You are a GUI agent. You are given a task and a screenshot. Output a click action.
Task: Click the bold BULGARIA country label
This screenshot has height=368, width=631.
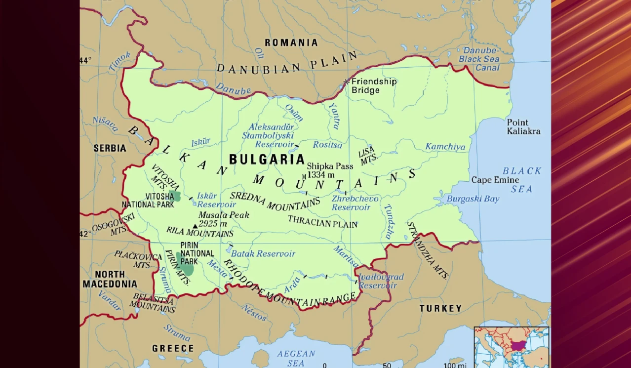[x=267, y=160]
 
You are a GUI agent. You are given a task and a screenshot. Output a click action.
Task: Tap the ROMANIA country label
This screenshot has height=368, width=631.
[x=291, y=43]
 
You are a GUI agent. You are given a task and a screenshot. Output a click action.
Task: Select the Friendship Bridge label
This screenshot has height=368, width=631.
[x=374, y=86]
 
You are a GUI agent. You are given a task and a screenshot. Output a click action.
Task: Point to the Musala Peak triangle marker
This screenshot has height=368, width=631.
[x=195, y=227]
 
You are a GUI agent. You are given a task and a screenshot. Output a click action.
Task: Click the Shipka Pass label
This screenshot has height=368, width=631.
[x=330, y=166]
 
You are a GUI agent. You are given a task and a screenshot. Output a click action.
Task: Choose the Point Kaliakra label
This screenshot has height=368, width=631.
[x=523, y=127]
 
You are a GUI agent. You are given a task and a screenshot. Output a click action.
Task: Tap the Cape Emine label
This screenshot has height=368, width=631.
[x=495, y=180]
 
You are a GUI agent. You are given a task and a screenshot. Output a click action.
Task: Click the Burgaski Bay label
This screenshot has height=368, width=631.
[x=473, y=199]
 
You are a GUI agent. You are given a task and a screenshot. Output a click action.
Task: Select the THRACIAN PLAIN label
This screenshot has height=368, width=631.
[x=322, y=222]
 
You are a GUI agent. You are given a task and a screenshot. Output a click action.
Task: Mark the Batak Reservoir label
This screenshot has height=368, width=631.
[x=263, y=254]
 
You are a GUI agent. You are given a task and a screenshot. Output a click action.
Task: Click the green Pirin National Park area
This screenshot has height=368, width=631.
[x=186, y=265]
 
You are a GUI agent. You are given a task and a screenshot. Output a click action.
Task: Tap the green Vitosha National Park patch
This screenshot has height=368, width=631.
[x=174, y=196]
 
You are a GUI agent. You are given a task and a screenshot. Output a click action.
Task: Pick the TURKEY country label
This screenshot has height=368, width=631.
[x=440, y=309]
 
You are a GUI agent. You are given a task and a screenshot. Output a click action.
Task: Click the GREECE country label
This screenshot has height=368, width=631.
[x=173, y=348]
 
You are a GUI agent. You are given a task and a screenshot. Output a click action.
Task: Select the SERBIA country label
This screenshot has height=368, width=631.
[x=110, y=148]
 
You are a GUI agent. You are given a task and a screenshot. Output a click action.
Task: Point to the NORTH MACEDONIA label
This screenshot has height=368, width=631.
[x=110, y=279]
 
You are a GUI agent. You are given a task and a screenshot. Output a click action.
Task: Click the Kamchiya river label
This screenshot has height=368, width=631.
[x=445, y=147]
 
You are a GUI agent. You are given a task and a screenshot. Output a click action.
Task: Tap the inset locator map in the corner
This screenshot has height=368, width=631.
[x=511, y=347]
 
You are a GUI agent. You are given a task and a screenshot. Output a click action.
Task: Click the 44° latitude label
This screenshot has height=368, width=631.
[x=86, y=60]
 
